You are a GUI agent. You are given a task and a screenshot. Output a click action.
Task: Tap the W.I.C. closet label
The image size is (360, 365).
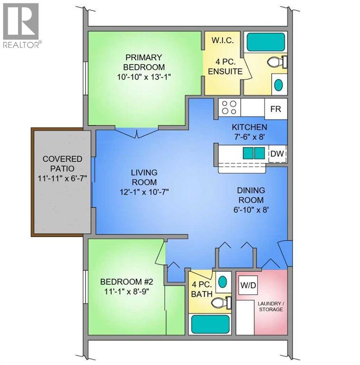(222, 40)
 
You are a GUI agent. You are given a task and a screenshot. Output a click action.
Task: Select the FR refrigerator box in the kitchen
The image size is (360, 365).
(275, 109)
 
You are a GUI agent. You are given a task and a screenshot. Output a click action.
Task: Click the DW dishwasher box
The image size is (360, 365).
(276, 154)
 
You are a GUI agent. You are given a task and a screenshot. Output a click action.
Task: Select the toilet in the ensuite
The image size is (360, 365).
(276, 62)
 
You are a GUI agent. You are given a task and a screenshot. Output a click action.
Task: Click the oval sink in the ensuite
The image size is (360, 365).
(279, 85)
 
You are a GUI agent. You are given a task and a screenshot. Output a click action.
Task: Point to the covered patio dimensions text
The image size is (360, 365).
(62, 179)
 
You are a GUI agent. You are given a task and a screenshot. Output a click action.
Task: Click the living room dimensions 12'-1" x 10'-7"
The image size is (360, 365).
(144, 192)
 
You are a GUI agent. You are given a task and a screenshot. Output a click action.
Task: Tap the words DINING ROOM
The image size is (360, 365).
(250, 195)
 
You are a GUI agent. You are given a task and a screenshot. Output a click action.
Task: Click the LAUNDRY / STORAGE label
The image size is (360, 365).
(271, 306)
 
